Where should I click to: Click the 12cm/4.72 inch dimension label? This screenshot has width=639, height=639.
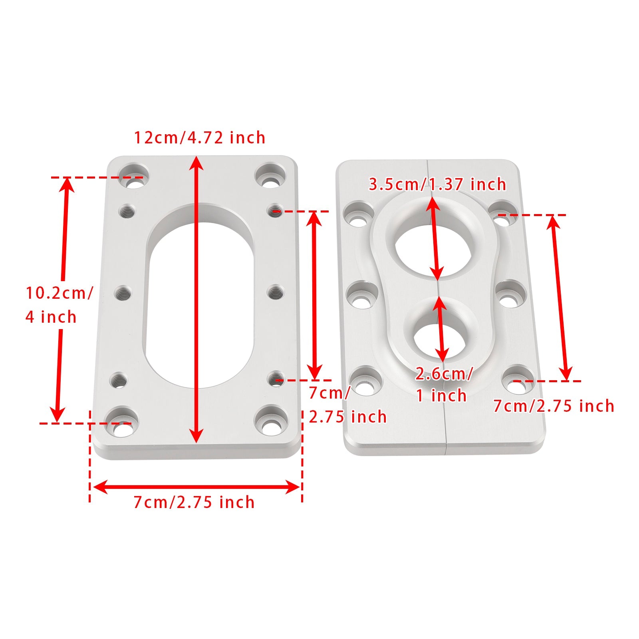tap(199, 138)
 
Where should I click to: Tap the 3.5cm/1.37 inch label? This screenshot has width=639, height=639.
tap(437, 185)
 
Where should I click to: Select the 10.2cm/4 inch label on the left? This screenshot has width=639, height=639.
tap(59, 305)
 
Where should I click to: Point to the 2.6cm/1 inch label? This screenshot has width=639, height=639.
tap(443, 385)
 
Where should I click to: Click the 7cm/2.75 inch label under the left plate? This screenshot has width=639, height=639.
tap(194, 502)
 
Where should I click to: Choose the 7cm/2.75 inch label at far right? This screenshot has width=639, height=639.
tap(554, 406)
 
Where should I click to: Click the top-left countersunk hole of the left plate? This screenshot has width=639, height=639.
tap(135, 176)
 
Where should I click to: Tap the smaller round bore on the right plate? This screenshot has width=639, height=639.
tap(441, 338)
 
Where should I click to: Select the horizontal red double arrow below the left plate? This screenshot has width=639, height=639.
tap(196, 487)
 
